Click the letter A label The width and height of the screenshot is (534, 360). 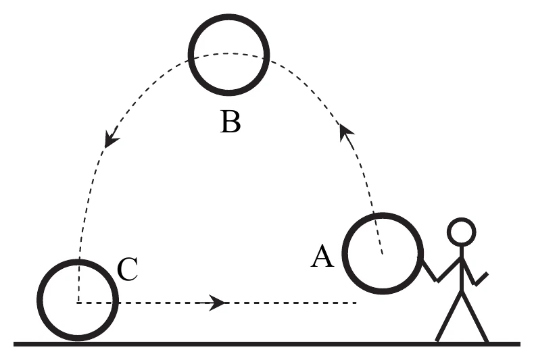click(x=322, y=257)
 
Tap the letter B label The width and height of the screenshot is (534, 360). click(x=230, y=122)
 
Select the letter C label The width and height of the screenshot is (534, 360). click(x=127, y=269)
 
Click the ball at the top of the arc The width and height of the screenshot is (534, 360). click(x=189, y=55)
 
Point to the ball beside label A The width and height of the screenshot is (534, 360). click(x=343, y=253)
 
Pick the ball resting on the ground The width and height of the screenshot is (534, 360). click(x=37, y=300)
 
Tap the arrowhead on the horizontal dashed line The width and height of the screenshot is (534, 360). click(x=216, y=303)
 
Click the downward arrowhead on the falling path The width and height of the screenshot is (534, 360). click(x=111, y=138)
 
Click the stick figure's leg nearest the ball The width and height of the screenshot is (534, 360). click(x=449, y=316)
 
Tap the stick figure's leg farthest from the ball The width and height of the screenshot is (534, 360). click(x=475, y=316)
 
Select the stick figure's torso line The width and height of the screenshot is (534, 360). click(x=462, y=269)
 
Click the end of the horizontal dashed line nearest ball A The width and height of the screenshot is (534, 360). click(x=356, y=303)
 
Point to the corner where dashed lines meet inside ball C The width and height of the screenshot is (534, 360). click(x=78, y=302)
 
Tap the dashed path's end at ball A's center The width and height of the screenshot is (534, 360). click(x=383, y=253)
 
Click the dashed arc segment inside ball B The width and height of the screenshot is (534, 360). click(x=228, y=53)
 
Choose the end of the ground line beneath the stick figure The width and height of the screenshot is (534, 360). click(x=520, y=344)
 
